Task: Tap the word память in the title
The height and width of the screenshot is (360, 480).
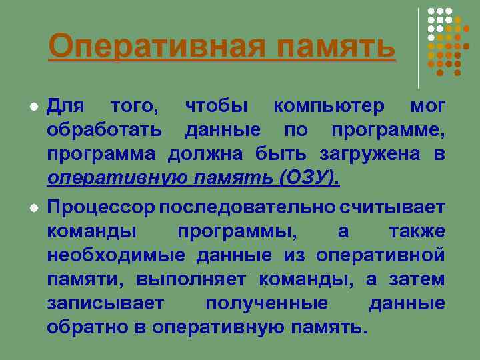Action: pos(336,47)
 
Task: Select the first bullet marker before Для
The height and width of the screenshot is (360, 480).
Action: pos(32,107)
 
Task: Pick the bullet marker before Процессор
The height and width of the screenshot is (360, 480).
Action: pos(32,207)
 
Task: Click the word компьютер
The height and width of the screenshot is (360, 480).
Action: pos(329,105)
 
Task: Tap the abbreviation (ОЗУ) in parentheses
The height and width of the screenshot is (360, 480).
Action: pos(309,178)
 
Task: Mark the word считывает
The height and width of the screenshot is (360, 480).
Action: pos(391,207)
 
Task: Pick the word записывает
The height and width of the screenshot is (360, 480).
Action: pos(105,303)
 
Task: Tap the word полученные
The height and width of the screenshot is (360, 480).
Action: pos(266,303)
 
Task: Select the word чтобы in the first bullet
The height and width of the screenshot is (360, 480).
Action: pos(217,105)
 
